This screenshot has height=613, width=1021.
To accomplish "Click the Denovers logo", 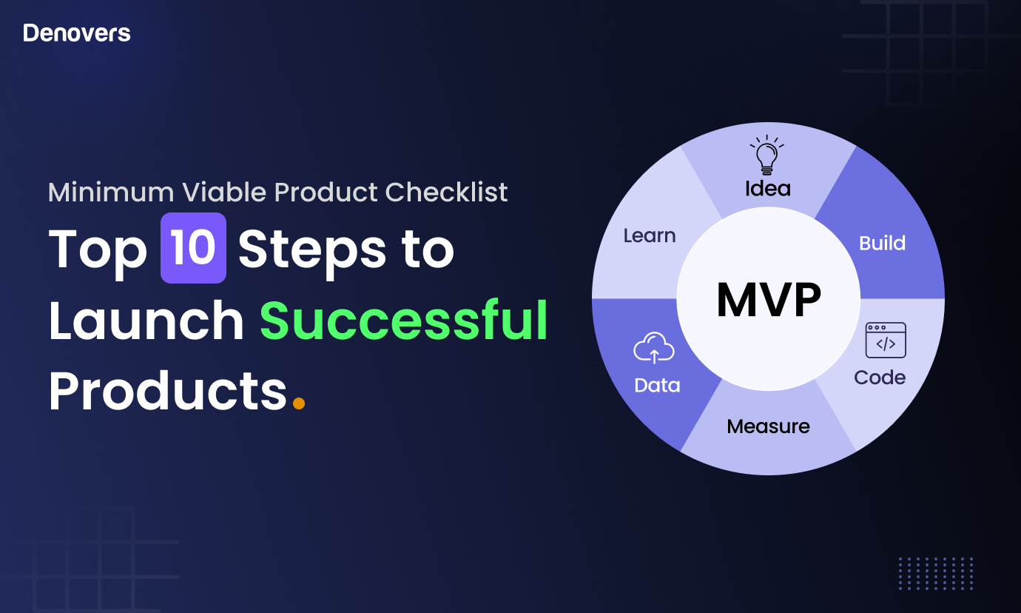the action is pyautogui.click(x=77, y=33).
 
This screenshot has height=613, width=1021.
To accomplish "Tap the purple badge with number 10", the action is pyautogui.click(x=193, y=248).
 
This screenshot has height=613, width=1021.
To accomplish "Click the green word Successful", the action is pyautogui.click(x=404, y=320).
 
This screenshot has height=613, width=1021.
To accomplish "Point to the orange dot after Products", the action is pyautogui.click(x=299, y=403).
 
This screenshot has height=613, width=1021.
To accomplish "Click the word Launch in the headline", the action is pyautogui.click(x=146, y=320).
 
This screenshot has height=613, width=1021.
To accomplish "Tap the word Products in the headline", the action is pyautogui.click(x=168, y=391).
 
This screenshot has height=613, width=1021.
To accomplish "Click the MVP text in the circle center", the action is pyautogui.click(x=769, y=300).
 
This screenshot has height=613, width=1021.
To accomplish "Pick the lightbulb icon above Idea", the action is pyautogui.click(x=767, y=155).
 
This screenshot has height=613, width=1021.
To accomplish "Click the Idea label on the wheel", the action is pyautogui.click(x=768, y=188).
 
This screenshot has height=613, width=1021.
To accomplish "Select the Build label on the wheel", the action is pyautogui.click(x=883, y=243).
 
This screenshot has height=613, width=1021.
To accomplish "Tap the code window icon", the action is pyautogui.click(x=886, y=341).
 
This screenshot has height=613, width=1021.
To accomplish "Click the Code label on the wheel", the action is pyautogui.click(x=880, y=378).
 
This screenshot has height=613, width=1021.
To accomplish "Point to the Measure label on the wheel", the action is pyautogui.click(x=769, y=426).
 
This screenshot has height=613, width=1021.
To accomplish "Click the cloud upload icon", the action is pyautogui.click(x=654, y=347).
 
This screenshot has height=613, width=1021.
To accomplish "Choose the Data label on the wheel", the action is pyautogui.click(x=657, y=386).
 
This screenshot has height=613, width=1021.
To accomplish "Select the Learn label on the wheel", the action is pyautogui.click(x=650, y=236).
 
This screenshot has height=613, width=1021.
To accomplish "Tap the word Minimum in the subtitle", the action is pyautogui.click(x=111, y=192).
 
